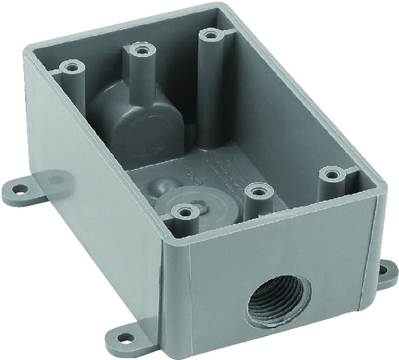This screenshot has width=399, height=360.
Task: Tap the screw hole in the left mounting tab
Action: coord(20,189)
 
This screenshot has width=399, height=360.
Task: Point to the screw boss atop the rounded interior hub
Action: coord(138,49)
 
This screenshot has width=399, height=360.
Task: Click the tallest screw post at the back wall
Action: coord(211,33)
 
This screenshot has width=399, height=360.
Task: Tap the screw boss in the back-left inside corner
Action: coord(70,66)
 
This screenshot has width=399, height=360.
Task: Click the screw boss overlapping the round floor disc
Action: coord(184,212)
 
